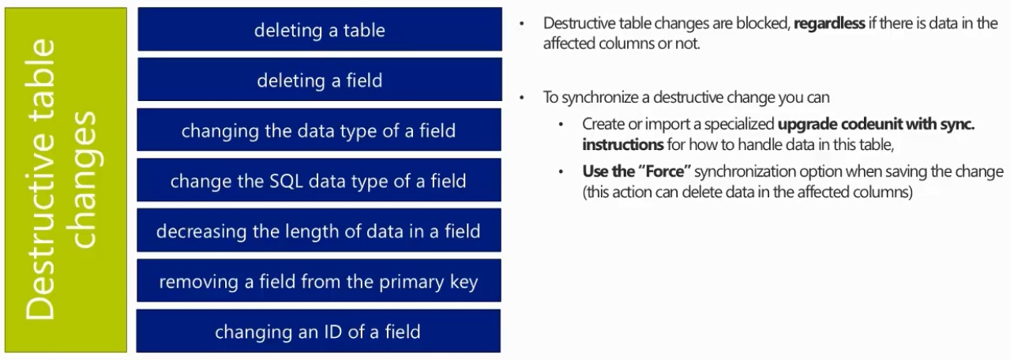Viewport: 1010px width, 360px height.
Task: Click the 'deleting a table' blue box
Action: pos(320,29)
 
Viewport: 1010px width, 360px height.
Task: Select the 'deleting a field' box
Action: pos(320,79)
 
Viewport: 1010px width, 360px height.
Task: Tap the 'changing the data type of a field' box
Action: pos(319,129)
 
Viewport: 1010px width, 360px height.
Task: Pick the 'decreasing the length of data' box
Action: pos(319,230)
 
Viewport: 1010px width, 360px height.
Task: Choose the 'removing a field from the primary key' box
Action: pos(319,280)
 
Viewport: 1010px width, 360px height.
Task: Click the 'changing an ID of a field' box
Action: pos(318,331)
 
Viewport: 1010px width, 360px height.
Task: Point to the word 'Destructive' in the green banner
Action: pos(40,179)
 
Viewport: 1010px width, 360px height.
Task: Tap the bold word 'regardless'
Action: pos(829,23)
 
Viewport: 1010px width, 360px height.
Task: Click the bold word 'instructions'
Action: pos(623,144)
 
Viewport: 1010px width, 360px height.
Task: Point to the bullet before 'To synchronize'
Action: pos(522,97)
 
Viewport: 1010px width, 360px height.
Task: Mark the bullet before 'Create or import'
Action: pos(561,124)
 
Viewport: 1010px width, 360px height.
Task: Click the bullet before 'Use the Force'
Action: pos(561,171)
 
